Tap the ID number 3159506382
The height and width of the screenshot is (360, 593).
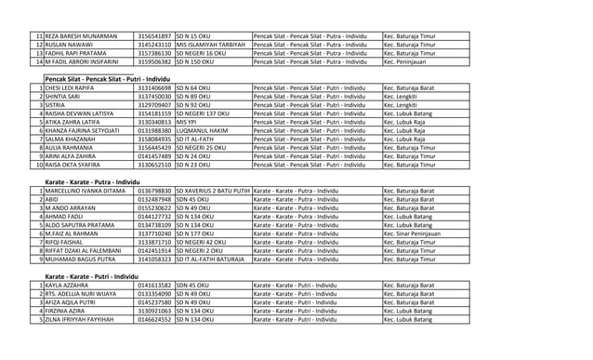pyautogui.click(x=154, y=62)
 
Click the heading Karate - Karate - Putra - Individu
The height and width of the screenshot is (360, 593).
pyautogui.click(x=99, y=182)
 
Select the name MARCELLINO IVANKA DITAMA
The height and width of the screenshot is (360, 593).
pyautogui.click(x=85, y=191)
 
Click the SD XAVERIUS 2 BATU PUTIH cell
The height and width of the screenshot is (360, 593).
pyautogui.click(x=212, y=191)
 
